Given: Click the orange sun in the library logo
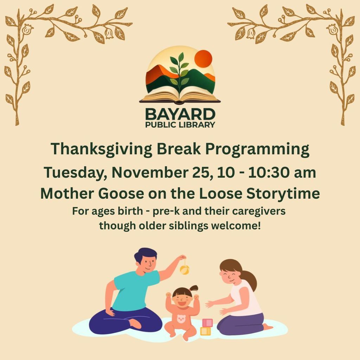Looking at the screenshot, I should tap(204, 58).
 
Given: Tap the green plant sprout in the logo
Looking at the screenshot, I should tap(180, 72).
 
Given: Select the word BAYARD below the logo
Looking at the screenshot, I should tap(180, 114).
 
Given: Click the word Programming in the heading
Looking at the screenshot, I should tap(257, 149).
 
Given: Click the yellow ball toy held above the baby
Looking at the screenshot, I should tap(184, 270).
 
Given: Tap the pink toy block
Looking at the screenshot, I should tap(207, 322).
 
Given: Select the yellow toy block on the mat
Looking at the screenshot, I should tap(205, 331).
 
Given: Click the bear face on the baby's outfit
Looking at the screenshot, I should tap(181, 319).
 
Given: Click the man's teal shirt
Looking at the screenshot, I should tap(135, 290).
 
